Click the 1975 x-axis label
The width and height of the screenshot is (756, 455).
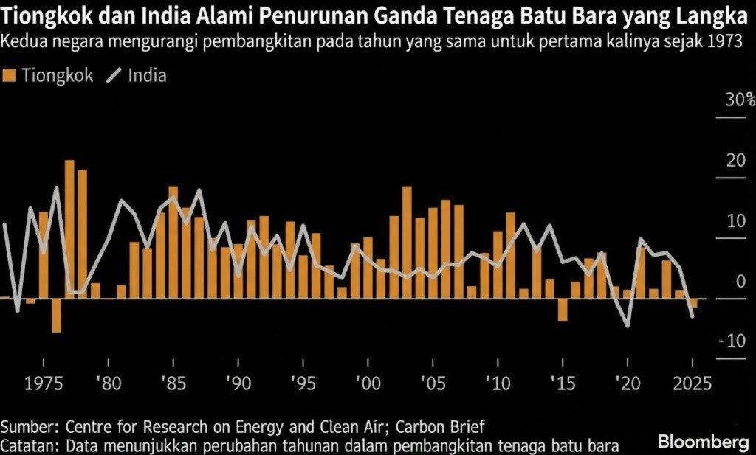click(44, 384)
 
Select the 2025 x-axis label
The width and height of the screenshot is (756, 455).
click(691, 384)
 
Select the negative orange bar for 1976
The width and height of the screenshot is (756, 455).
click(56, 316)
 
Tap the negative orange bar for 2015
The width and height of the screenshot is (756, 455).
click(563, 310)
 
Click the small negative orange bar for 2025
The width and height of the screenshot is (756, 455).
click(693, 303)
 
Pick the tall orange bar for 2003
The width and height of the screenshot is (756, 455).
click(407, 243)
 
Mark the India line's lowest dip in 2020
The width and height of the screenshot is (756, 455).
click(628, 325)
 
